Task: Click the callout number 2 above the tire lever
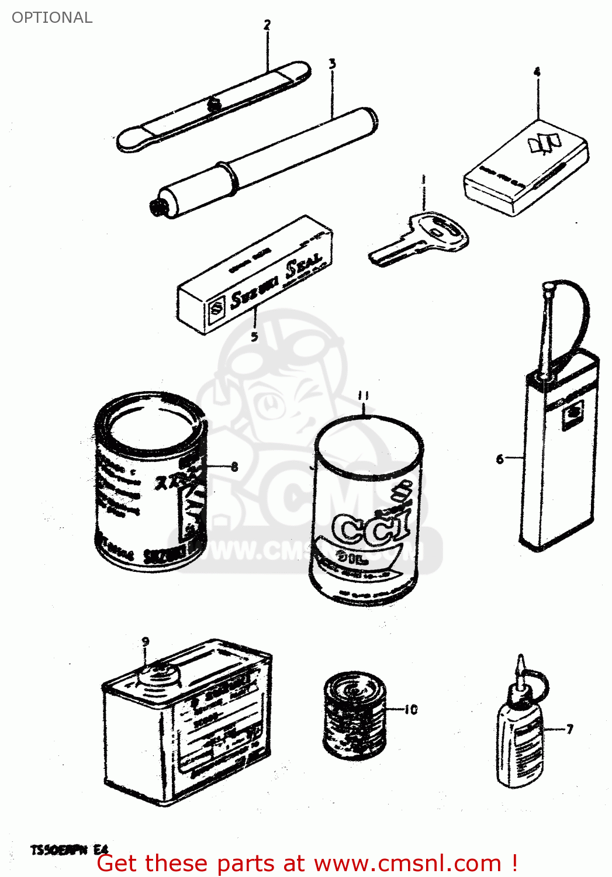pos(267,25)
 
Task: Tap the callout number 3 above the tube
pos(332,64)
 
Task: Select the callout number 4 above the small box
pos(537,72)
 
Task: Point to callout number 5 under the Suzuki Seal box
pos(254,336)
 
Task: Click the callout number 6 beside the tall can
pos(500,459)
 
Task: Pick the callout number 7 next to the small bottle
pos(569,728)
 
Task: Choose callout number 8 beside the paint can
pos(234,466)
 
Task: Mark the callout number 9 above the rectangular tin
pos(146,641)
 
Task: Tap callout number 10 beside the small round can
pos(411,709)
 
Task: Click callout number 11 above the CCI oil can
pos(364,396)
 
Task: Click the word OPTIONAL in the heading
pos(52,18)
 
